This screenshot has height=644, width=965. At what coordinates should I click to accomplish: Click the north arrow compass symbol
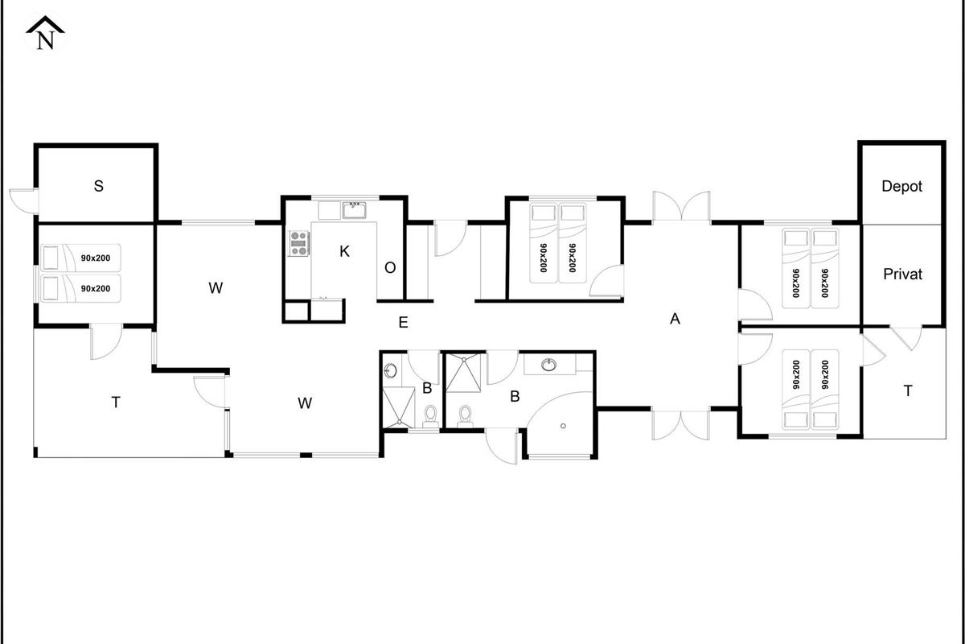(45, 34)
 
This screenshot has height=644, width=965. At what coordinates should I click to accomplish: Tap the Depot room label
(901, 186)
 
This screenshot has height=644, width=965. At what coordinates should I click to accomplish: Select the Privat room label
(902, 274)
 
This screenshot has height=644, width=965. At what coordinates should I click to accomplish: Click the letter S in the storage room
(98, 186)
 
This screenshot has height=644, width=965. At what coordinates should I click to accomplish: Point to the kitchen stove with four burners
(299, 243)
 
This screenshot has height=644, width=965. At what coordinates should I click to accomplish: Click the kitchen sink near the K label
(355, 210)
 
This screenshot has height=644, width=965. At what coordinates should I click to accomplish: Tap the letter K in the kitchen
(344, 251)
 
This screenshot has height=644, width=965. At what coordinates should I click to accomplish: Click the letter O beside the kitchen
(390, 268)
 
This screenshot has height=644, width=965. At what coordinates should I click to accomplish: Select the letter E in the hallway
(403, 322)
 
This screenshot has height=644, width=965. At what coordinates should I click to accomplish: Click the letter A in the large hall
(675, 319)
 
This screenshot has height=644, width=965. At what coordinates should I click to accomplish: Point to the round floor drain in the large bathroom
(563, 426)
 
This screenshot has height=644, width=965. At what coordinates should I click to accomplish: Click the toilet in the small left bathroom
(430, 416)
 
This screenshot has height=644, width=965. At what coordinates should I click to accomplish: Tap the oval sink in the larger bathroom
(548, 365)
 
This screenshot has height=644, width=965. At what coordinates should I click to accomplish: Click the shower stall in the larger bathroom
(463, 373)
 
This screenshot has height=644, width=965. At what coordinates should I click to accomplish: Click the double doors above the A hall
(681, 207)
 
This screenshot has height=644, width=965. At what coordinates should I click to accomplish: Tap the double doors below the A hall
(680, 425)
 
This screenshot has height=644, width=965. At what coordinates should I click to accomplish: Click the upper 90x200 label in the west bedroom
(96, 258)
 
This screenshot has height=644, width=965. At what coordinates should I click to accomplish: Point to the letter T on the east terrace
(908, 390)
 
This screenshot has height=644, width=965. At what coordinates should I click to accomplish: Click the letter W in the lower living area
(305, 402)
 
